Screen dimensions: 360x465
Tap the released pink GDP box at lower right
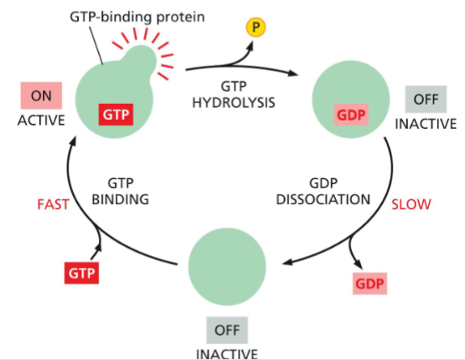[370, 284]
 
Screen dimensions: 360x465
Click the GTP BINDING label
[129, 192]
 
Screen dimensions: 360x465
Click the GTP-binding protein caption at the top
[154, 14]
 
